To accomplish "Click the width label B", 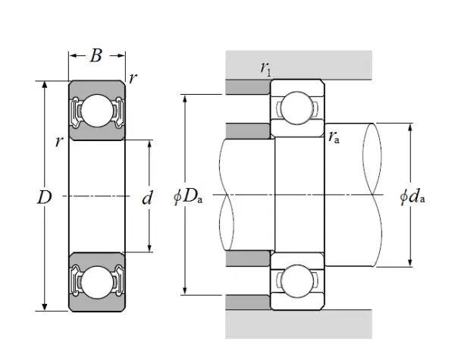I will (x=96, y=55).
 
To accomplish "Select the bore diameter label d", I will (x=147, y=199).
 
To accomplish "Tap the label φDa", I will (x=187, y=199).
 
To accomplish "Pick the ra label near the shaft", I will (x=334, y=136).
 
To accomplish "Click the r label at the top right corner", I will (x=133, y=77).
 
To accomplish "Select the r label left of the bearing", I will (x=58, y=142).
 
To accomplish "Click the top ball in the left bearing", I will (x=96, y=111).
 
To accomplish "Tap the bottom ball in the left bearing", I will (x=96, y=282).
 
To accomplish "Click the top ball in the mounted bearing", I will (x=297, y=109).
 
